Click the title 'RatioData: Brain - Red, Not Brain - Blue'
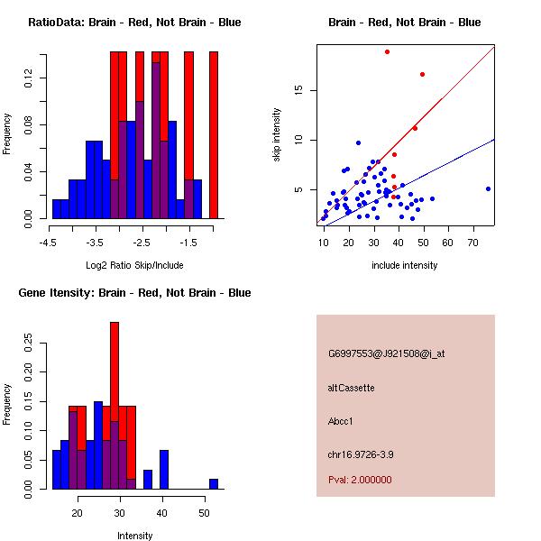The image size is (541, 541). point(134,23)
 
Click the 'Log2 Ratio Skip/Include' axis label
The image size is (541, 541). point(134,267)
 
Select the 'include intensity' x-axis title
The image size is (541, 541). point(405,265)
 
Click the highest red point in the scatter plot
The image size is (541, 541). point(387,51)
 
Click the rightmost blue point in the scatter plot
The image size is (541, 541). point(488,188)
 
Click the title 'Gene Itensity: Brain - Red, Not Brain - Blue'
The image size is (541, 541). point(134,293)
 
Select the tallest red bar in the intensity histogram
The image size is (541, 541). point(115,406)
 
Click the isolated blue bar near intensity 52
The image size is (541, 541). point(213,484)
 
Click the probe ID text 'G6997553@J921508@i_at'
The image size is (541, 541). point(386,353)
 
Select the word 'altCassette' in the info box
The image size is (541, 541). point(351,388)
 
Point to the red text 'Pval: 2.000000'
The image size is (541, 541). point(360,480)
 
